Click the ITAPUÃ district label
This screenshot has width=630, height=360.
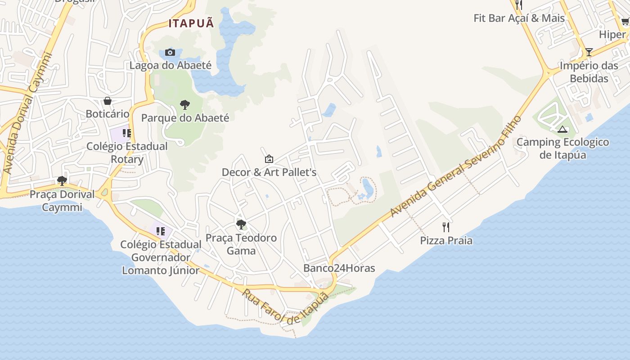pos(191,23)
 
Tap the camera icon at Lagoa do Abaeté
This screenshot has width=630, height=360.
pos(170,52)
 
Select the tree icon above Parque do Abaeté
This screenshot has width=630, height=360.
pos(184,105)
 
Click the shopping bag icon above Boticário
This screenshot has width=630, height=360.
pos(108,101)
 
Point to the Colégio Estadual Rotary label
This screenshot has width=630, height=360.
pos(127,153)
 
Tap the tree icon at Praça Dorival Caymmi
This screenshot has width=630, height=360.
pos(62,181)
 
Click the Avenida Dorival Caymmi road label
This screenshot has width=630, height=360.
pos(27,113)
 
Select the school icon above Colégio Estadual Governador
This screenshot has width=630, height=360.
pos(160,231)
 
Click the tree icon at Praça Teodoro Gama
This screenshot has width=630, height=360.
pos(241,224)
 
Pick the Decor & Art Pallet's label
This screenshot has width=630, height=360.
pos(269,172)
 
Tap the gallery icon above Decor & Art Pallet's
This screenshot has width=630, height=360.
pos(269,158)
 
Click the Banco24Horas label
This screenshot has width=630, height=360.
pos(339,268)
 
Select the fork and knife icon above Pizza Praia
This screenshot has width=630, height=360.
pos(446,227)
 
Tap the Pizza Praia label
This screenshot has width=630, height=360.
pos(446,240)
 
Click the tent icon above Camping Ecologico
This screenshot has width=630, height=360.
pos(562,130)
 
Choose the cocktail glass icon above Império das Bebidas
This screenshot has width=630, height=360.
pos(589,52)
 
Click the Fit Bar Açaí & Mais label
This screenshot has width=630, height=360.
pos(519,18)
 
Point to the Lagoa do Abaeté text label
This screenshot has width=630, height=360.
pos(170,65)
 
